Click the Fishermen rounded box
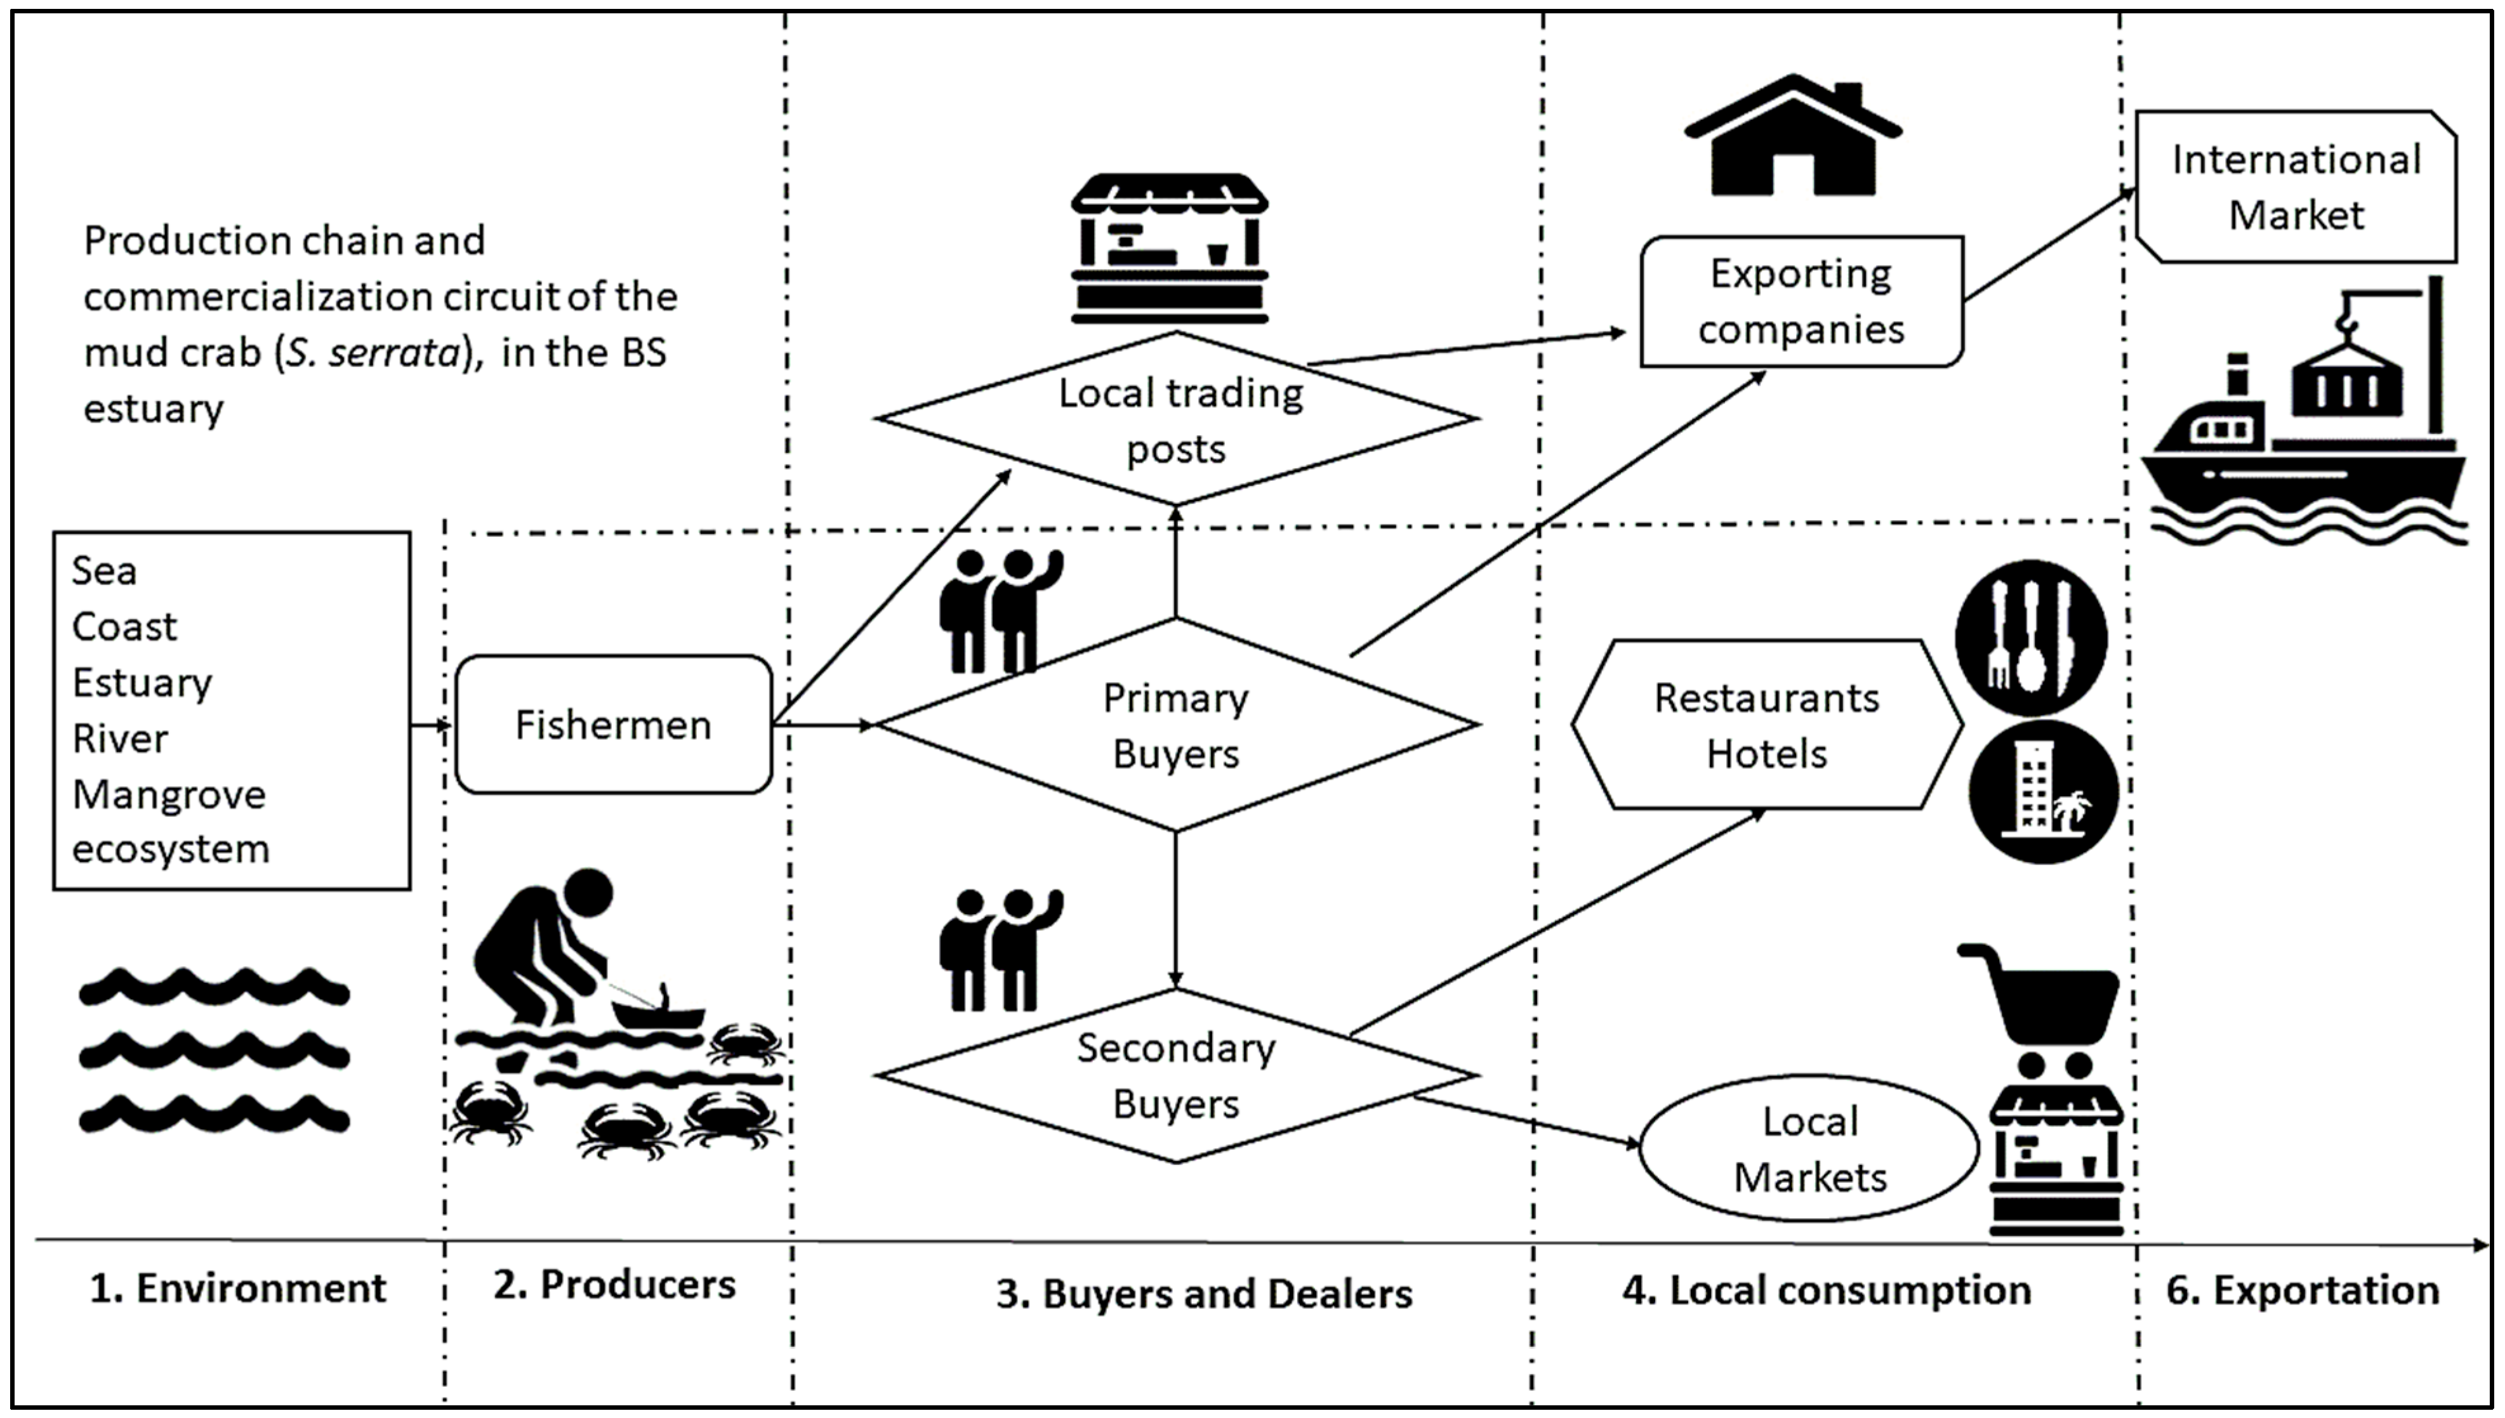614,725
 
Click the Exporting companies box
1801,302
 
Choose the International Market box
2296,187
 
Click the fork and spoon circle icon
2031,638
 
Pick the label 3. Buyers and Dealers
1204,1294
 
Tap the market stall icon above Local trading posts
1169,249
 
